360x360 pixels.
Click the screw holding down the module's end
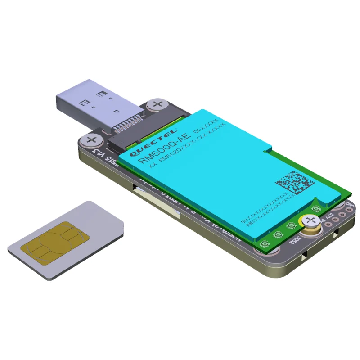coord(310,220)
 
